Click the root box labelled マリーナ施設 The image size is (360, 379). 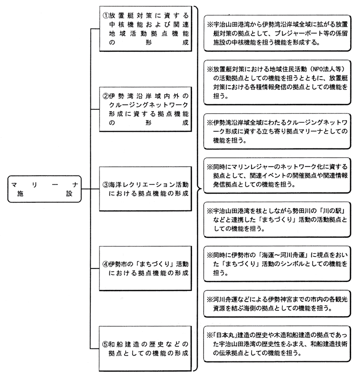point(45,189)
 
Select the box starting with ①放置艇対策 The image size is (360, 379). point(146,29)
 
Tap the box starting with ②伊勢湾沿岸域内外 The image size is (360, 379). point(146,109)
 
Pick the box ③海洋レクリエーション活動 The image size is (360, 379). point(146,189)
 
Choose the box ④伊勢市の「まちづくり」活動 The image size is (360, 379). point(146,268)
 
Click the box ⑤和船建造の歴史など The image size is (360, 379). point(146,348)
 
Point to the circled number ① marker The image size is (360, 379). point(105,15)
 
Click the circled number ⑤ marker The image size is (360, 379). point(105,344)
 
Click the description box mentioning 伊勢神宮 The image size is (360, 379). point(277,304)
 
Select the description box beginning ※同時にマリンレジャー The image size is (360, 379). point(277,175)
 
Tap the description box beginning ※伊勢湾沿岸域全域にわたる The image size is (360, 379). point(277,131)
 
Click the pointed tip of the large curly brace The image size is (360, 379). point(201,189)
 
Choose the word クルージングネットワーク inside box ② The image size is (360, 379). point(148,105)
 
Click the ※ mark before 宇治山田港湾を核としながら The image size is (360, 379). point(210,211)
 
